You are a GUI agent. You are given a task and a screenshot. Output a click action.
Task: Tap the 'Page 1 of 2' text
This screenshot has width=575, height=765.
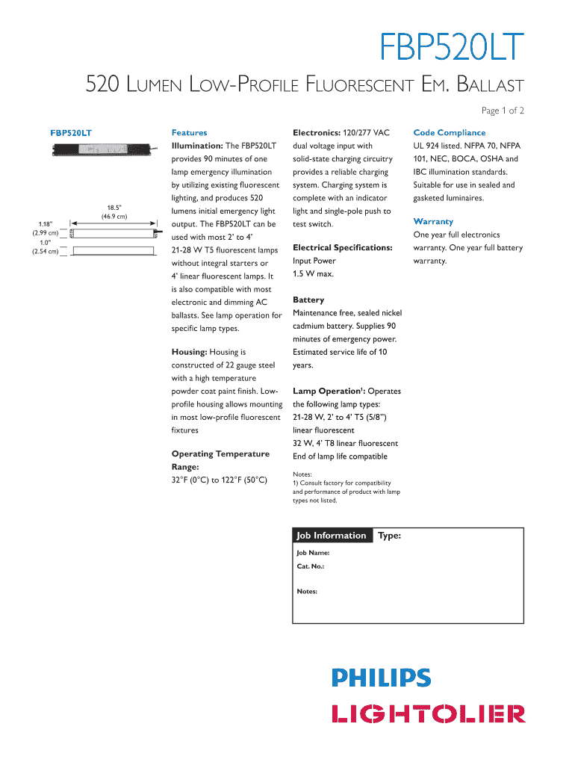pyautogui.click(x=503, y=111)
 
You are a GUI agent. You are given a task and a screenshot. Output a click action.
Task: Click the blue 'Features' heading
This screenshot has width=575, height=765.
pyautogui.click(x=189, y=132)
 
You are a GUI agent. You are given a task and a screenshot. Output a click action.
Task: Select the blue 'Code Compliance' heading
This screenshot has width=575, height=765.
pyautogui.click(x=449, y=132)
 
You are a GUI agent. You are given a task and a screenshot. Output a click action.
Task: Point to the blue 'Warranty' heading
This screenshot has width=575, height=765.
pyautogui.click(x=433, y=222)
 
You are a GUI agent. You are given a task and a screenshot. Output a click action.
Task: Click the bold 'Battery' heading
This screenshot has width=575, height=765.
pyautogui.click(x=308, y=300)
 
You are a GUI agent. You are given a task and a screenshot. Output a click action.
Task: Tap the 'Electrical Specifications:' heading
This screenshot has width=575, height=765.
pyautogui.click(x=342, y=247)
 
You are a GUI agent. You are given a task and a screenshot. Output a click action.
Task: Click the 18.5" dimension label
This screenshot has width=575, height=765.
pyautogui.click(x=113, y=208)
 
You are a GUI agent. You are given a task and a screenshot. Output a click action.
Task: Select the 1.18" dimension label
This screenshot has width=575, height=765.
pyautogui.click(x=46, y=223)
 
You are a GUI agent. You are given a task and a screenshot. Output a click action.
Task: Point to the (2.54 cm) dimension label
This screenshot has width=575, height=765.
pyautogui.click(x=45, y=251)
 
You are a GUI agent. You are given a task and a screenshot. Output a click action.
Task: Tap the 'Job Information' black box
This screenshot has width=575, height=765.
pyautogui.click(x=332, y=536)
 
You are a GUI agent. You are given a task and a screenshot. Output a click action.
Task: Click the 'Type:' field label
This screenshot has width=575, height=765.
pyautogui.click(x=390, y=536)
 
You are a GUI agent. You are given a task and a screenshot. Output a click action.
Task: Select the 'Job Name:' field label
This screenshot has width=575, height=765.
pyautogui.click(x=313, y=553)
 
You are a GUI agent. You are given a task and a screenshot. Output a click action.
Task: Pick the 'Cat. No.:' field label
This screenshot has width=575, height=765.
pyautogui.click(x=310, y=566)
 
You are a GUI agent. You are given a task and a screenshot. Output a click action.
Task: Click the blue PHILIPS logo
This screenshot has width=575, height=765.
pyautogui.click(x=381, y=678)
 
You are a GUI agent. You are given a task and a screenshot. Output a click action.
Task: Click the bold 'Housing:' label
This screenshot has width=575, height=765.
pyautogui.click(x=190, y=352)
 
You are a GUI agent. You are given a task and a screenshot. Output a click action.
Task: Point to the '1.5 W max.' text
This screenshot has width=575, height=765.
pyautogui.click(x=314, y=274)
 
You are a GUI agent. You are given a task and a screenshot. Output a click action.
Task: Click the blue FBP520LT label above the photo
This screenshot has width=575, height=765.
pyautogui.click(x=71, y=132)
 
